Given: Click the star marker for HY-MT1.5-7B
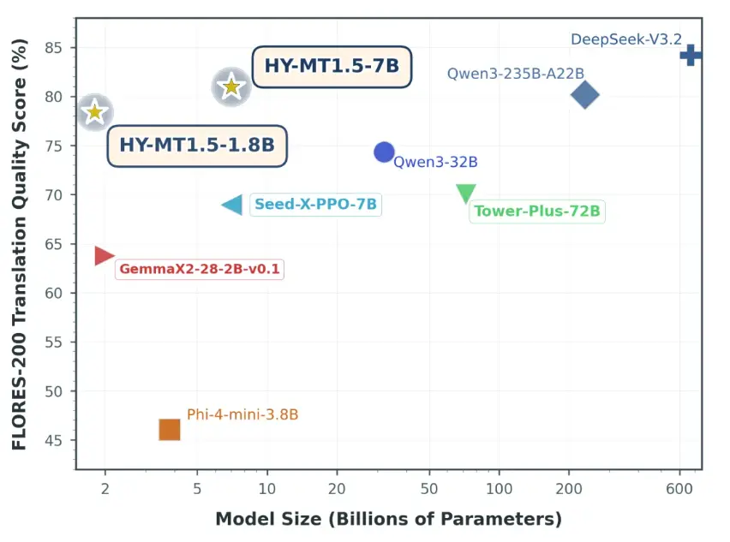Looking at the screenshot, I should pos(230,86).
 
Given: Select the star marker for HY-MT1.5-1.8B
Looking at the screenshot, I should pos(95,112).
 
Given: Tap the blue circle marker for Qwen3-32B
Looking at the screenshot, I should pos(384,152).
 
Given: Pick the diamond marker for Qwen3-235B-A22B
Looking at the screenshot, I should pos(584,95).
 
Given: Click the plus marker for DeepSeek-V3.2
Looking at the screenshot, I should pos(691,56).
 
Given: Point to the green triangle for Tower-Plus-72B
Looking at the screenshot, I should pos(465,193).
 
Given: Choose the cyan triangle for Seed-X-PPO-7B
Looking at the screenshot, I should pos(233,205).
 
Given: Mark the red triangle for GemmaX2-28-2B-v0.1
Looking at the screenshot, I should pos(104,255).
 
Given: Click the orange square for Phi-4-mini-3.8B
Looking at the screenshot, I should pos(170,430).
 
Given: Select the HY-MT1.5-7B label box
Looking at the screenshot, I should pos(332,67).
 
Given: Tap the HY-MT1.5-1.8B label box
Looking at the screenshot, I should pos(197,146).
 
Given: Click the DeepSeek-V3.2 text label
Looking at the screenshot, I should pos(625,39).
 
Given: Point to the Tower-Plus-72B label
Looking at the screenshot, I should pos(537,211).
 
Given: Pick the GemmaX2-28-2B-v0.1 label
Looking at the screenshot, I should pos(200,269).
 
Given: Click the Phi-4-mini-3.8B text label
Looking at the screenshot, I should pos(242,415).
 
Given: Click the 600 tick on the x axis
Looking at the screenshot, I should pos(679,488).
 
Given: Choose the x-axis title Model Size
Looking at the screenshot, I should pos(388,519).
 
